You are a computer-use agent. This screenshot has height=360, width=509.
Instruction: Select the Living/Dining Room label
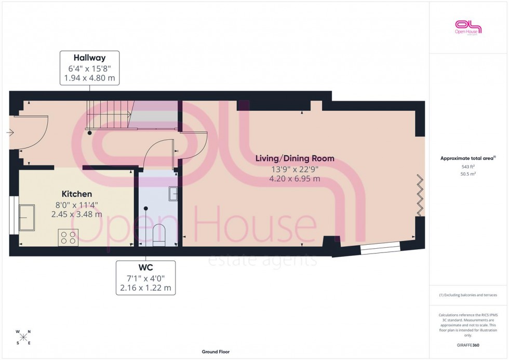pyautogui.click(x=294, y=158)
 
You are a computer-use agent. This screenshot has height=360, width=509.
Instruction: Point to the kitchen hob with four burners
pyautogui.click(x=68, y=237)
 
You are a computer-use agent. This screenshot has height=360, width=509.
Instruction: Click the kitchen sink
pyautogui.click(x=26, y=217)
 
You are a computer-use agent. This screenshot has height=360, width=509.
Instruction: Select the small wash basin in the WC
pyautogui.click(x=173, y=194)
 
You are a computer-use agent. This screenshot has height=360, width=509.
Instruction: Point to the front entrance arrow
pyautogui.click(x=10, y=133)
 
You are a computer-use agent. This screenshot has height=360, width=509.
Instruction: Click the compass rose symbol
pyautogui.click(x=23, y=337)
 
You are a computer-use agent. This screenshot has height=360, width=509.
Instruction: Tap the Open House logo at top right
pyautogui.click(x=468, y=26)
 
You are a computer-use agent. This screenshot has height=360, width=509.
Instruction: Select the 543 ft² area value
pyautogui.click(x=468, y=167)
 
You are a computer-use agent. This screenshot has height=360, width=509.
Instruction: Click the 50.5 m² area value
pyautogui.click(x=468, y=174)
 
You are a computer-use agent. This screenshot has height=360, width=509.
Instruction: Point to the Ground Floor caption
pyautogui.click(x=216, y=352)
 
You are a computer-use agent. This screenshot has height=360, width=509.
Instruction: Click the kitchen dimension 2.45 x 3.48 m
pyautogui.click(x=77, y=214)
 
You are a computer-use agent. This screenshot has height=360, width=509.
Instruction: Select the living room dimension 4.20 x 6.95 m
pyautogui.click(x=294, y=179)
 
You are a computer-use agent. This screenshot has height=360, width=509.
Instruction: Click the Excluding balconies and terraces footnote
pyautogui.click(x=468, y=295)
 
